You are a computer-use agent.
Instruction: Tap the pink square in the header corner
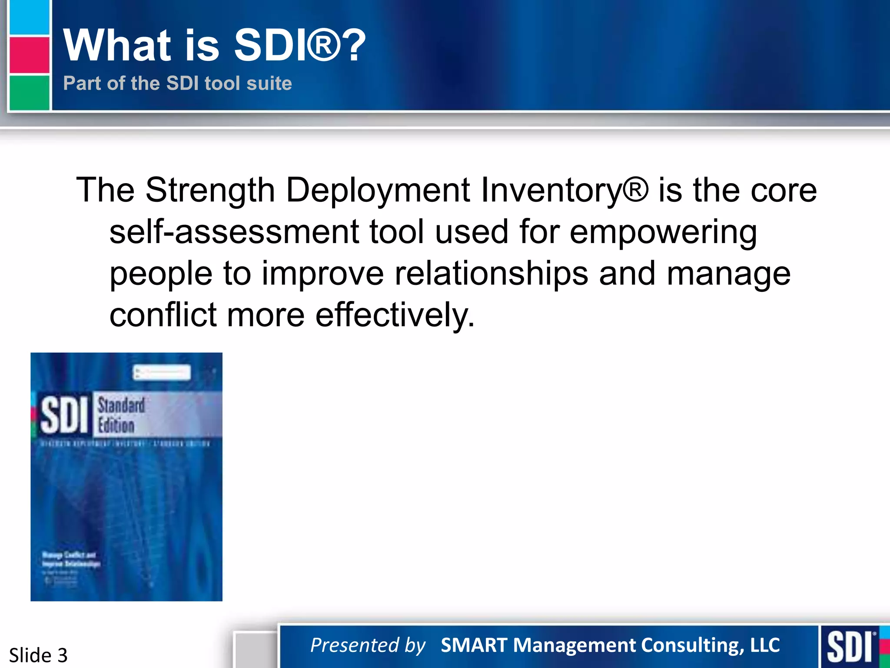pos(29,55)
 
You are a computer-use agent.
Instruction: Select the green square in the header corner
pos(29,93)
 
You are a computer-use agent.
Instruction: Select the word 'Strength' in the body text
pos(210,190)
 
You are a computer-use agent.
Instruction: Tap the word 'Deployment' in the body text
pos(378,190)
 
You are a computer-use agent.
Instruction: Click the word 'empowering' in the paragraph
pos(663,232)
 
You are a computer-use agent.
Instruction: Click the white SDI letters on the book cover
pos(64,415)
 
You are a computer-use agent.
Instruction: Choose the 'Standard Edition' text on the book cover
pos(121,415)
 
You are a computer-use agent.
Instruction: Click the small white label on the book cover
pos(162,372)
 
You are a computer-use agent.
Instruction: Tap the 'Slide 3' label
pos(38,655)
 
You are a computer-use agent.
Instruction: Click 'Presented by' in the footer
pos(368,645)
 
